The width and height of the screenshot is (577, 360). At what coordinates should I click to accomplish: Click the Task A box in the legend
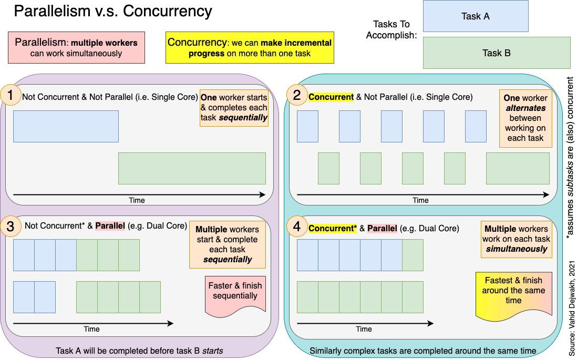pos(475,16)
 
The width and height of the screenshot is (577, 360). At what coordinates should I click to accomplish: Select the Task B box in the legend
pos(496,53)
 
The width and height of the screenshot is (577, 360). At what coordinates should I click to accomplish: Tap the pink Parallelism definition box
pos(76,48)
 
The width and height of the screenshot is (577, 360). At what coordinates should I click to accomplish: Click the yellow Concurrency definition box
pos(250,48)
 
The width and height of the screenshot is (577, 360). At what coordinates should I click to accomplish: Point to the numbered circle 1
pos(11,96)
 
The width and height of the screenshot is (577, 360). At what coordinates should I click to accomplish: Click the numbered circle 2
pos(297,95)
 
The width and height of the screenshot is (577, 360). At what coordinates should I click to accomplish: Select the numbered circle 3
pos(11,227)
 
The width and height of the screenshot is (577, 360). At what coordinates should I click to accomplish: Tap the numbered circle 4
pos(297,227)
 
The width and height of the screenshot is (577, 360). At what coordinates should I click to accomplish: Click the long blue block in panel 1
pos(66,126)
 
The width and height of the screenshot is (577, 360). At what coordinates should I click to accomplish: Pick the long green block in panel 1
pos(192,168)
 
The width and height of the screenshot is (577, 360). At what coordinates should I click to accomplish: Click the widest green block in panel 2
pos(518,168)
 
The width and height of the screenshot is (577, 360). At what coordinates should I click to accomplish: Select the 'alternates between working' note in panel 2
pos(526,118)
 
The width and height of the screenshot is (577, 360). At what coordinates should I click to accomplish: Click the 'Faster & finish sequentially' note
pos(235,293)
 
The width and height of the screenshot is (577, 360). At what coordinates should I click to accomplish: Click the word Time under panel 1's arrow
pos(137,200)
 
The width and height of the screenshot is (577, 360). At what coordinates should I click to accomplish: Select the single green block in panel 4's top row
pos(413,255)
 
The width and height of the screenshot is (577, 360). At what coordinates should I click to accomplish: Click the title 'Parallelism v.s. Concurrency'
pos(113,11)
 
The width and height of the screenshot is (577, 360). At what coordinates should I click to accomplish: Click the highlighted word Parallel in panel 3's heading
pos(110,226)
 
